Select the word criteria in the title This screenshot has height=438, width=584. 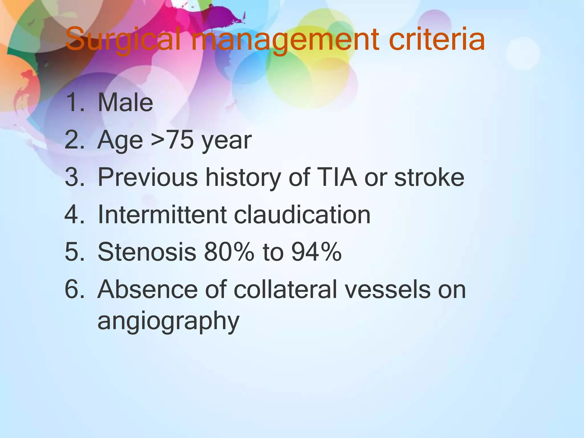click(437, 40)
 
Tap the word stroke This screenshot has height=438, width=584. click(429, 177)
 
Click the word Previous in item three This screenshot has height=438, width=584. click(148, 177)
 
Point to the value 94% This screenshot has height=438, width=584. click(316, 252)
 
